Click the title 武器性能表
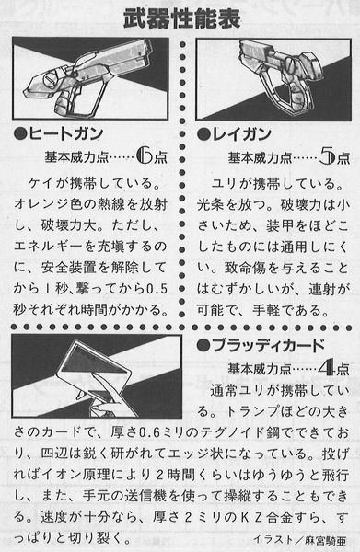click(182, 18)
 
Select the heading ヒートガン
click(66, 133)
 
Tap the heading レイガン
click(241, 133)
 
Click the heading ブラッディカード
click(269, 345)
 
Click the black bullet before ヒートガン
click(20, 134)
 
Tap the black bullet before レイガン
click(204, 134)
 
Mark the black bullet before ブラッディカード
click(204, 346)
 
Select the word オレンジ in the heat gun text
click(41, 204)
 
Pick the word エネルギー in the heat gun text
click(49, 247)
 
